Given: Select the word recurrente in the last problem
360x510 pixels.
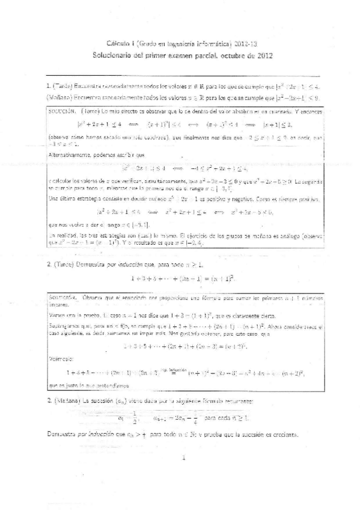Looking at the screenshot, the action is pyautogui.click(x=240, y=401).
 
